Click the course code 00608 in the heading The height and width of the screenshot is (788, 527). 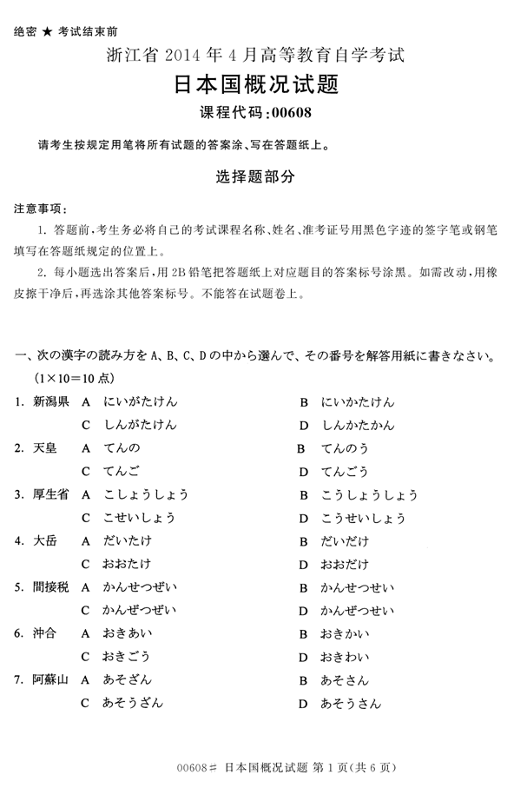[292, 111]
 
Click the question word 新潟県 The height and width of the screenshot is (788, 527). [51, 401]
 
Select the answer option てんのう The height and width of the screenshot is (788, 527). [345, 448]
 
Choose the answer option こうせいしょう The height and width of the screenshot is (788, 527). [363, 518]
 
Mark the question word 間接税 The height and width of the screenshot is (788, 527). [51, 587]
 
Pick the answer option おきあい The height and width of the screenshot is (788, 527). [127, 633]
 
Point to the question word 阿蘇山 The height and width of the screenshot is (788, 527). [51, 679]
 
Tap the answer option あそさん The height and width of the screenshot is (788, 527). [345, 679]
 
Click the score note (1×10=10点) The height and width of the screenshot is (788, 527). [75, 379]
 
